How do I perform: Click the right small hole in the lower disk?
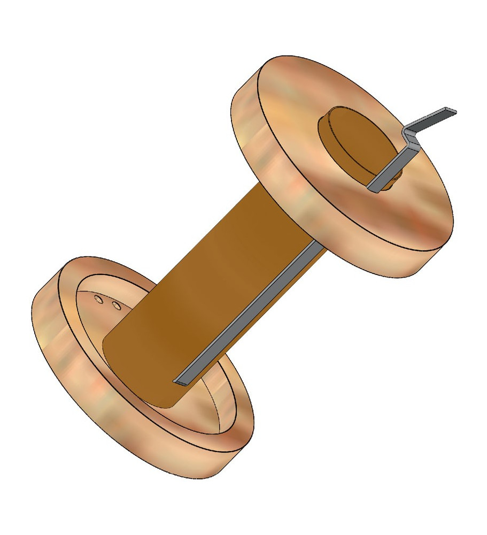[115, 306]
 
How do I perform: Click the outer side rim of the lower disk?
[80, 385]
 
